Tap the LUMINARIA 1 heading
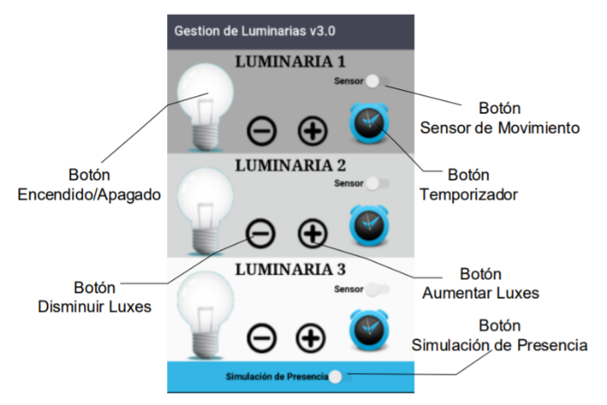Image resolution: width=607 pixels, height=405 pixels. coord(290,62)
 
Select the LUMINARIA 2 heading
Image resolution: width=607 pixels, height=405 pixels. coord(290,165)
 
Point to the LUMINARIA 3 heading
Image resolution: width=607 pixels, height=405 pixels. coord(290,268)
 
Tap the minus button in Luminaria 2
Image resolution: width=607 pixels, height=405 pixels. coord(262,232)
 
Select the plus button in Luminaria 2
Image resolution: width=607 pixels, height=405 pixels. coord(313,232)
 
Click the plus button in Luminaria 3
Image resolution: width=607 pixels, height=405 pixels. coord(312,336)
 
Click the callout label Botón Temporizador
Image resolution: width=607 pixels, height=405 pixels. coord(468,186)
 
